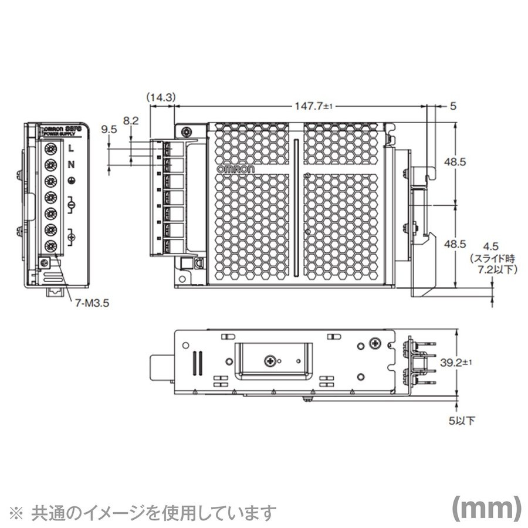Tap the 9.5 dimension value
[109, 131]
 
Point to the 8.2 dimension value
[131, 120]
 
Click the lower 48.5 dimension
[471, 242]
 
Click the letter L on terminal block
[71, 148]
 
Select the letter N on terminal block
[71, 165]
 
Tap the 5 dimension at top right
[452, 106]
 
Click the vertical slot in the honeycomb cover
[297, 208]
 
